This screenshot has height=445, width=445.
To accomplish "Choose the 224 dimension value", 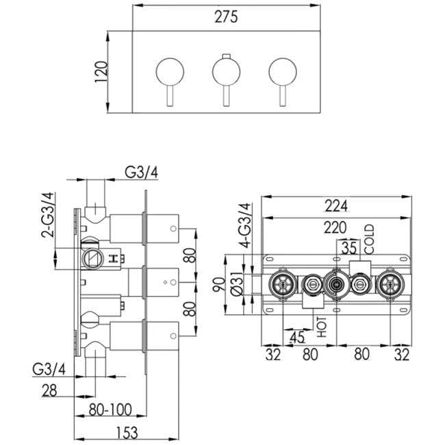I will pyautogui.click(x=335, y=205).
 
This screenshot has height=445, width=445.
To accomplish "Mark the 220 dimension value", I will pyautogui.click(x=335, y=228).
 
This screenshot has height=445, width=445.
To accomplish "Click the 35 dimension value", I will pyautogui.click(x=350, y=248).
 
